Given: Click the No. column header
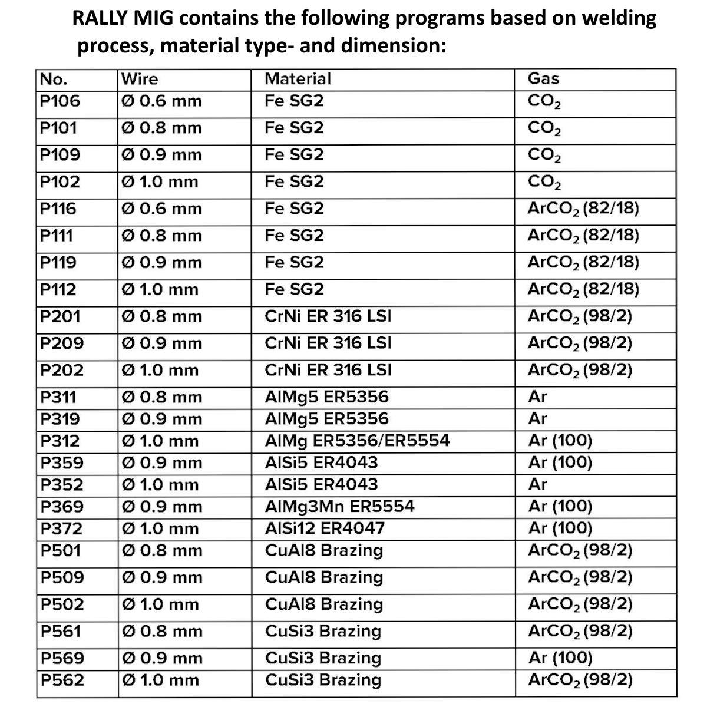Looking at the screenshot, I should point(53,79).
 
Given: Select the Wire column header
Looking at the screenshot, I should point(139,79).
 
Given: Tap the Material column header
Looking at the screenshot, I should point(298,79).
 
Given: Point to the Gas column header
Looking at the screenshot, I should point(543,79).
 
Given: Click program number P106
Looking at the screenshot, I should point(60,101).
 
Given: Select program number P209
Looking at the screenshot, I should point(62,343).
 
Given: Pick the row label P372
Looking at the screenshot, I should point(61,528).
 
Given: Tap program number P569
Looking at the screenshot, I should point(62,658).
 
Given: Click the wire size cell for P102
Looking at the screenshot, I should point(159,181).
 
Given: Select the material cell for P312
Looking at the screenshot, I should point(357,441).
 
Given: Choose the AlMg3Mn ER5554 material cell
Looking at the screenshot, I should point(340,507).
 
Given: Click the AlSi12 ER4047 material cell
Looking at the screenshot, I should point(325,528).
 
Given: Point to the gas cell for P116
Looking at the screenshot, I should point(583,209).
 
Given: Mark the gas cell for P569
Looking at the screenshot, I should point(560,658).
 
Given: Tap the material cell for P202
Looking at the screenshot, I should point(328,370).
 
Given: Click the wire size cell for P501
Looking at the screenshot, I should point(161,551).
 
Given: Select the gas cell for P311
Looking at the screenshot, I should point(537,397).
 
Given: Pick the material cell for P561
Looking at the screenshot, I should point(323,631).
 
